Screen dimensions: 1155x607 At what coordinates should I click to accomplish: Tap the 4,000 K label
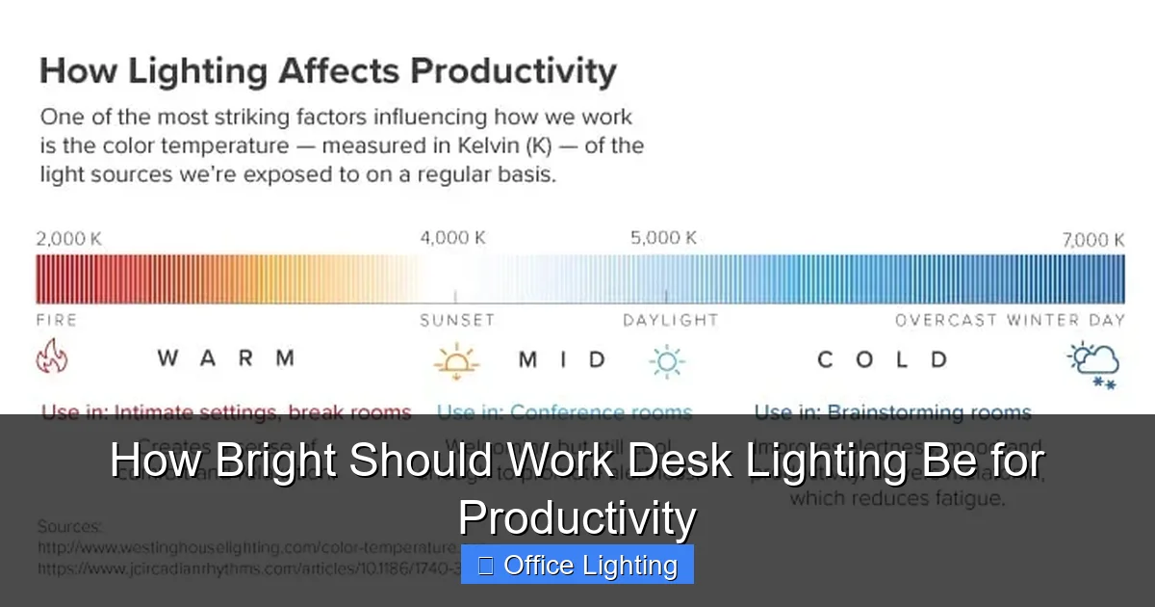452,238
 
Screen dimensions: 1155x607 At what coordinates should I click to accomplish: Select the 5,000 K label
663,238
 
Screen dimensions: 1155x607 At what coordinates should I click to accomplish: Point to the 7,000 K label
1092,240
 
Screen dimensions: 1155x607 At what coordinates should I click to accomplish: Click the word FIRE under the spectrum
56,320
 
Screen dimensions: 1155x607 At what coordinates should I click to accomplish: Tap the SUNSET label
456,320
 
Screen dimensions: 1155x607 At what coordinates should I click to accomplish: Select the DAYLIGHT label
670,320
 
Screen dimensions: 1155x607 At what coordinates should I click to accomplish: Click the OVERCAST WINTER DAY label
1009,320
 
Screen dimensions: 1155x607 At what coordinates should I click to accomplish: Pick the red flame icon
52,358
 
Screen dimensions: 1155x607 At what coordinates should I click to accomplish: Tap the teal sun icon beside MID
666,360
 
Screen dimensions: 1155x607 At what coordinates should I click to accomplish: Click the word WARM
226,359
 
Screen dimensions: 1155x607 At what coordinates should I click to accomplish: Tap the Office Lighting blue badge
577,565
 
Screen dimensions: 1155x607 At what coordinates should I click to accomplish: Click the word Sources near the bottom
70,527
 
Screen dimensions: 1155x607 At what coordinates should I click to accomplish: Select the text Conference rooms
601,412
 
